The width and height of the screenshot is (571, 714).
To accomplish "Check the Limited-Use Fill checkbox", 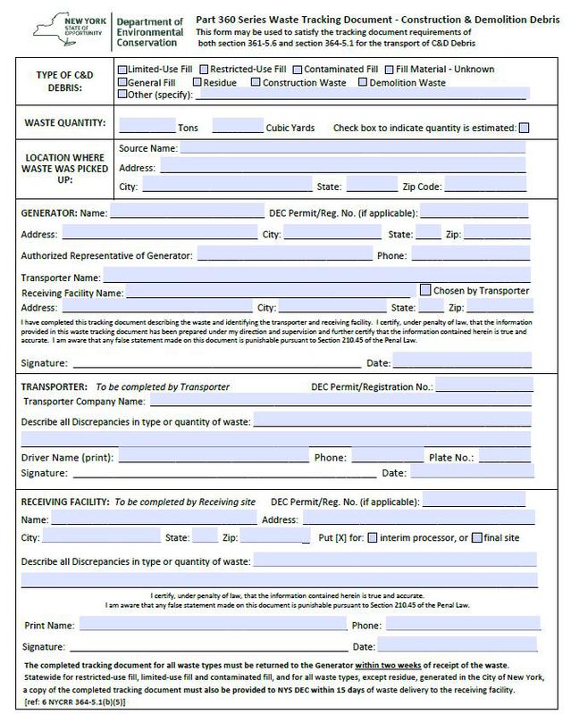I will click(x=122, y=68).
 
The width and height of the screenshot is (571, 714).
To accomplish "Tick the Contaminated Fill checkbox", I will click(x=296, y=68).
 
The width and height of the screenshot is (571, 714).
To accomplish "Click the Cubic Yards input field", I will click(x=238, y=126).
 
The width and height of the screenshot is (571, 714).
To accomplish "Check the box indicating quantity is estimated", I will click(x=524, y=127).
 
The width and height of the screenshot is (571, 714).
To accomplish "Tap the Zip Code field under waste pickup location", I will click(x=483, y=187).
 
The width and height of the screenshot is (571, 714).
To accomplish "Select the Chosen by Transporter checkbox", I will click(x=425, y=290).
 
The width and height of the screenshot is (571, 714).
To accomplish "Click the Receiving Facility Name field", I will click(x=271, y=292).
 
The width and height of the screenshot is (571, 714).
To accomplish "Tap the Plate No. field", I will click(x=505, y=457).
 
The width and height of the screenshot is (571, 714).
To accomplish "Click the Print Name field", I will click(x=214, y=625).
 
